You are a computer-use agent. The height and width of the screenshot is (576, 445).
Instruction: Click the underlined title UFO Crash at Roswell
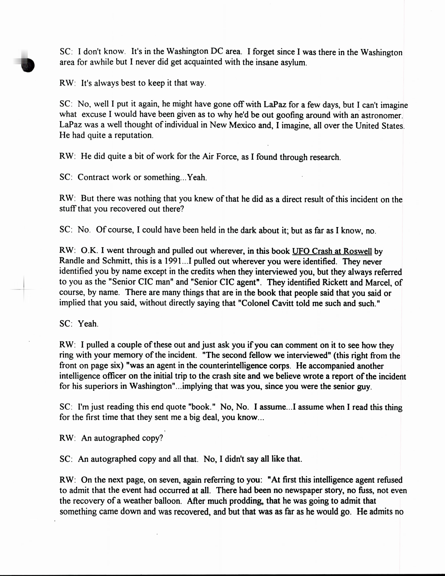point(332,251)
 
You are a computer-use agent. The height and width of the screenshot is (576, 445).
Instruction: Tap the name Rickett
point(338,282)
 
